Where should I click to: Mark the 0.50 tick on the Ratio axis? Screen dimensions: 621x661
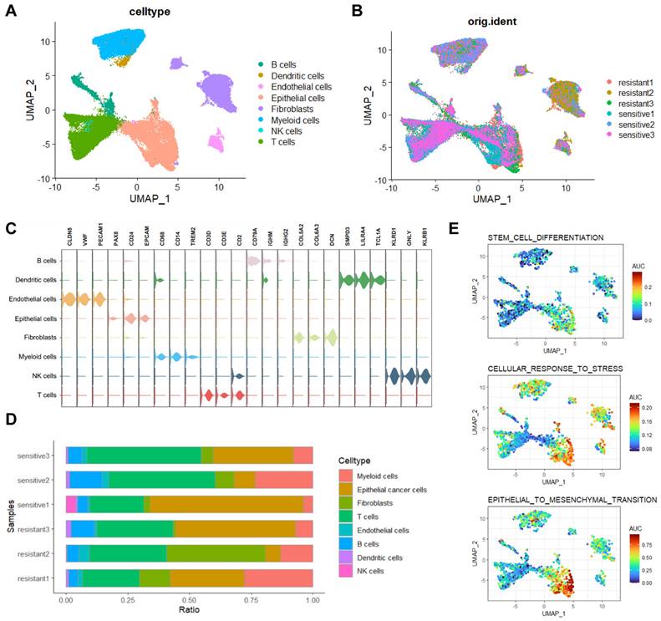tap(189, 599)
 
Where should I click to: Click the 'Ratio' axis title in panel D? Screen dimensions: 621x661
tap(189, 612)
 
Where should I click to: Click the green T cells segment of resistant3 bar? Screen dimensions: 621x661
tap(135, 529)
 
